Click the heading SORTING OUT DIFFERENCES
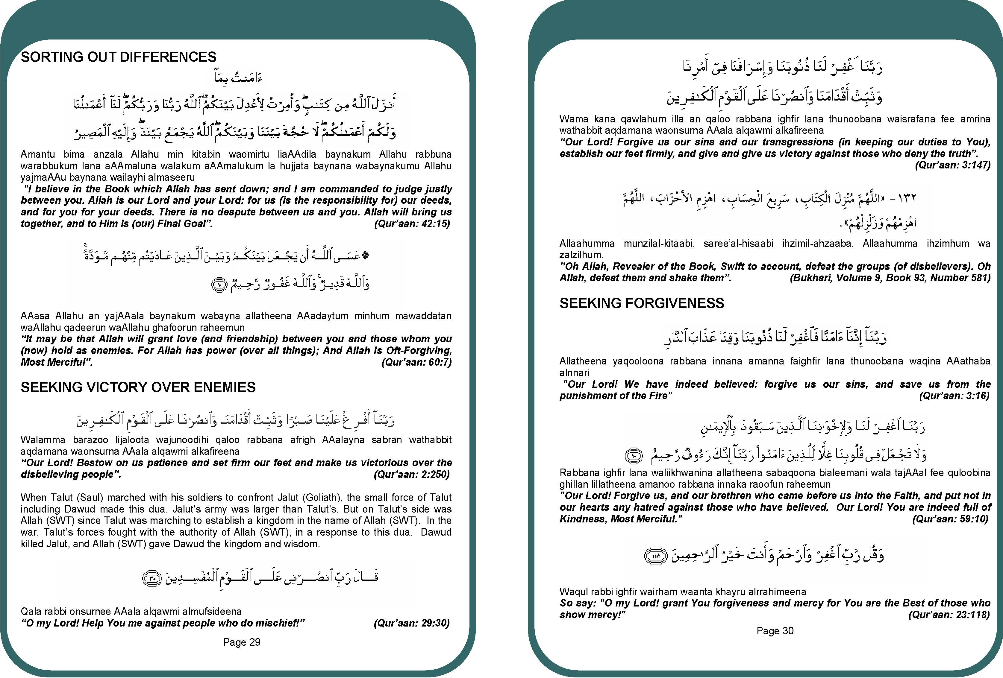(119, 57)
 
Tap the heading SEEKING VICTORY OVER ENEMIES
(138, 387)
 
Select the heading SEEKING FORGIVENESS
(642, 303)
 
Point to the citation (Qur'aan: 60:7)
(416, 362)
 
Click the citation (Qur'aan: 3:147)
(952, 165)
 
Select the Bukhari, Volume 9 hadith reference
(890, 278)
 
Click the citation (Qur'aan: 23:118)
(949, 614)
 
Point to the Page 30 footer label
(775, 630)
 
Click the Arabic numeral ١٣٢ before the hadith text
(906, 198)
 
